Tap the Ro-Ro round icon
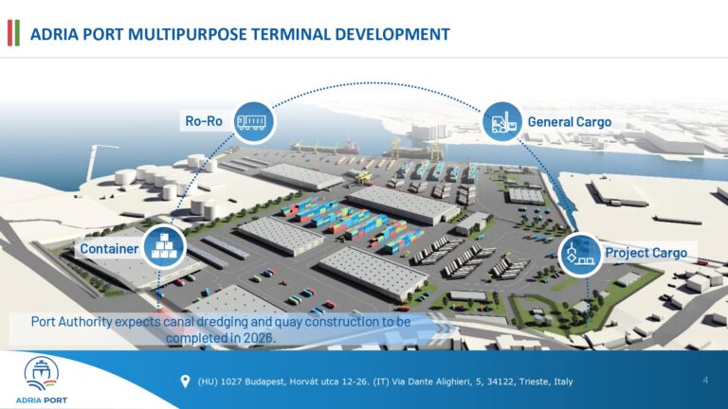255,121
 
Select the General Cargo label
569,122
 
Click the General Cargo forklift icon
501,121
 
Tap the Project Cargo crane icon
578,253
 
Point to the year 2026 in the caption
256,337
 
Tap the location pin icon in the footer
185,382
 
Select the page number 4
705,381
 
